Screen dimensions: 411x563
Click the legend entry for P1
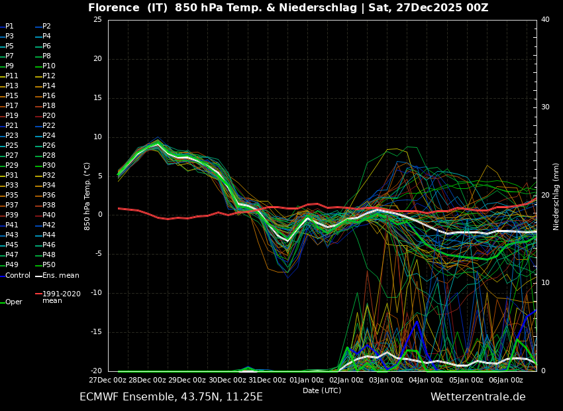tap(9, 27)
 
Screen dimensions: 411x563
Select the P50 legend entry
tap(48, 265)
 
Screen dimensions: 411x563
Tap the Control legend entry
tap(17, 275)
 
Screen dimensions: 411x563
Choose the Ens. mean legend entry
tap(60, 275)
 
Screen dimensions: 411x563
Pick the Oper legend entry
tap(13, 302)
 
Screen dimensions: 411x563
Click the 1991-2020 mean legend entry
tap(61, 296)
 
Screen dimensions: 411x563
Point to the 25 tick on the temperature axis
tap(97, 20)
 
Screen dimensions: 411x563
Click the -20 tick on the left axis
tap(96, 371)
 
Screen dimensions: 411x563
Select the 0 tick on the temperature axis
tap(99, 215)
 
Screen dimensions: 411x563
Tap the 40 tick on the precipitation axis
tap(545, 20)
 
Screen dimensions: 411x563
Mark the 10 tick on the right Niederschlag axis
tap(545, 283)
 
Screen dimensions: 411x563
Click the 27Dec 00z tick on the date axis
tap(107, 380)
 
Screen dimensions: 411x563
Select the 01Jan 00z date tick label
tap(306, 380)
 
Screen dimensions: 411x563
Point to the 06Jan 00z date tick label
tap(505, 380)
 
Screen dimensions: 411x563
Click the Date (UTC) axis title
tap(322, 390)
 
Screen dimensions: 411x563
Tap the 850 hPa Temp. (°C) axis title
tap(87, 196)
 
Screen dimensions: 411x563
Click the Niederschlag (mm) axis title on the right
tap(556, 196)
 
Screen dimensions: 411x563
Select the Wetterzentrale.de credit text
tap(478, 397)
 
